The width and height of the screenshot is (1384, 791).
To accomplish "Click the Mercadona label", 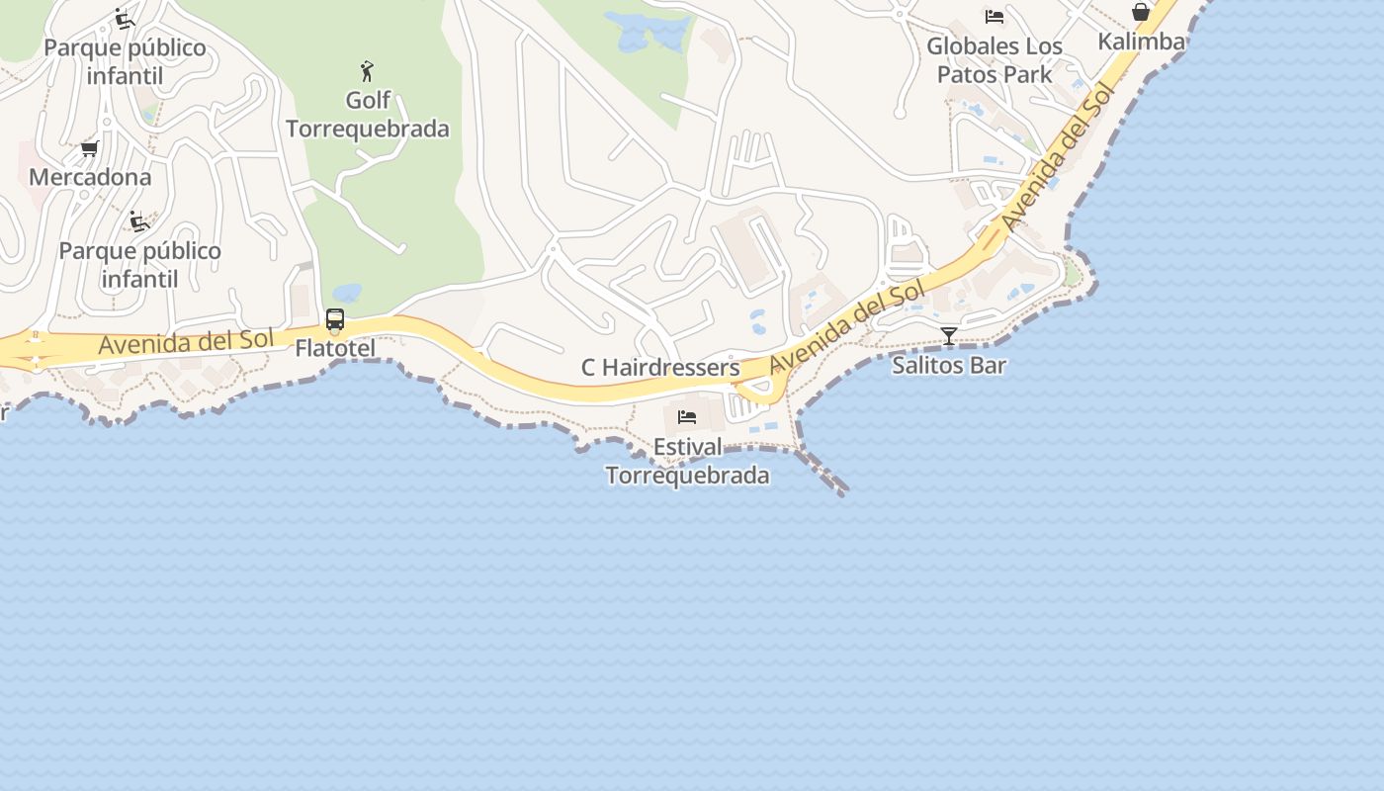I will [90, 177].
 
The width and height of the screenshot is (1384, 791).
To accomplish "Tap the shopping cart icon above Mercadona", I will [89, 149].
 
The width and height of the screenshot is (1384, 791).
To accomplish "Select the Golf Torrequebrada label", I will [368, 114].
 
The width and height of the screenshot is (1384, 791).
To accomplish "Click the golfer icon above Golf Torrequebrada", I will [368, 71].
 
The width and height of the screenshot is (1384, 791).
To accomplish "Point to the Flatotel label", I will [335, 348].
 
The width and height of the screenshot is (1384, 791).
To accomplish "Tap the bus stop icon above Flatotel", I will [335, 319].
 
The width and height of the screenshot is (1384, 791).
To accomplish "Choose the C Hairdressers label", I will [660, 368].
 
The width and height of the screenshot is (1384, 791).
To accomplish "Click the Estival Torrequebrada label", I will [687, 461].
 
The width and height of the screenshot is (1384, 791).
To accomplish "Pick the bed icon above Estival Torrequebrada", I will [687, 417].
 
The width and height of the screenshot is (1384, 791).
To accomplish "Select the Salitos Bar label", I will [949, 365].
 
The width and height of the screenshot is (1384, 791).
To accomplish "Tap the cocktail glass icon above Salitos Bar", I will [949, 336].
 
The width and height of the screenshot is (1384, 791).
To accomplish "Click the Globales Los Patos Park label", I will [995, 59].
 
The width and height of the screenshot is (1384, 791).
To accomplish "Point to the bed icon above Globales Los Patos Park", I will [995, 17].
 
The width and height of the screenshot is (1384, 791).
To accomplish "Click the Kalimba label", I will [1141, 42].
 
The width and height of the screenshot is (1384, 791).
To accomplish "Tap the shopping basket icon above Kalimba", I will [1141, 13].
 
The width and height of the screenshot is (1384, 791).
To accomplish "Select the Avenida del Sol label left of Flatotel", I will [185, 342].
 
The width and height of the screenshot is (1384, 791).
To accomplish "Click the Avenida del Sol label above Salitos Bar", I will [847, 326].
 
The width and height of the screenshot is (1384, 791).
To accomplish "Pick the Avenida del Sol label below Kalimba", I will [1058, 158].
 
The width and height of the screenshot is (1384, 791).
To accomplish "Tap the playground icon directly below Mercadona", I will [139, 221].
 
